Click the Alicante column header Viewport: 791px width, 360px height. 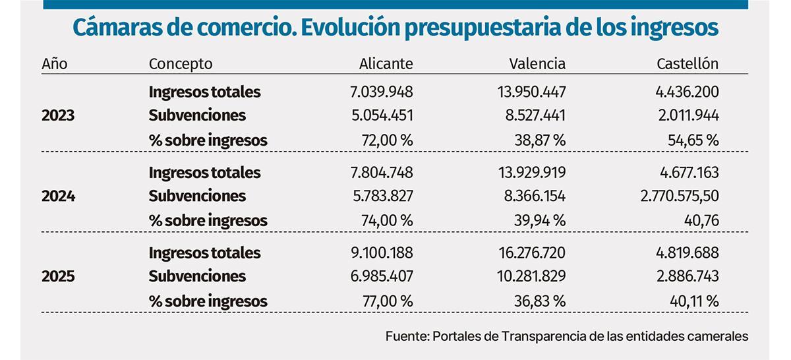click(x=386, y=64)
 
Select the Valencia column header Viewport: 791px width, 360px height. click(x=537, y=64)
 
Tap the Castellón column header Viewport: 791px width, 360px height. click(x=688, y=64)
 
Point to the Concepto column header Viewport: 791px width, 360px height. click(x=181, y=64)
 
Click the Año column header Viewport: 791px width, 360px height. click(x=54, y=64)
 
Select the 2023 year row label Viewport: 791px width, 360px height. click(x=58, y=116)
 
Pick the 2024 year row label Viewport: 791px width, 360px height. click(x=58, y=196)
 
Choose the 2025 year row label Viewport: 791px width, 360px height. click(x=58, y=277)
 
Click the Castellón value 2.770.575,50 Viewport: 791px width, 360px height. click(x=678, y=196)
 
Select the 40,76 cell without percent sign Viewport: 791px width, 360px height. click(x=701, y=220)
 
